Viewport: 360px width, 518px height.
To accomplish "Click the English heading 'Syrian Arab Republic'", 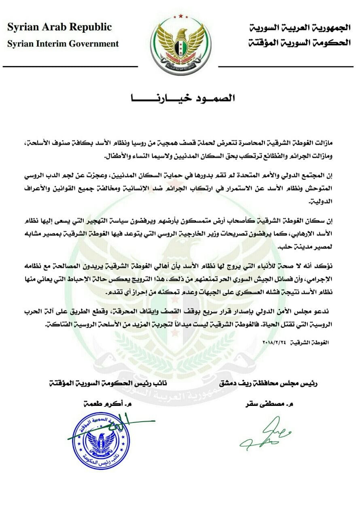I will pyautogui.click(x=59, y=28).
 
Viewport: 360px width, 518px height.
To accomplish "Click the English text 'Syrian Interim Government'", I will pyautogui.click(x=63, y=44).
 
